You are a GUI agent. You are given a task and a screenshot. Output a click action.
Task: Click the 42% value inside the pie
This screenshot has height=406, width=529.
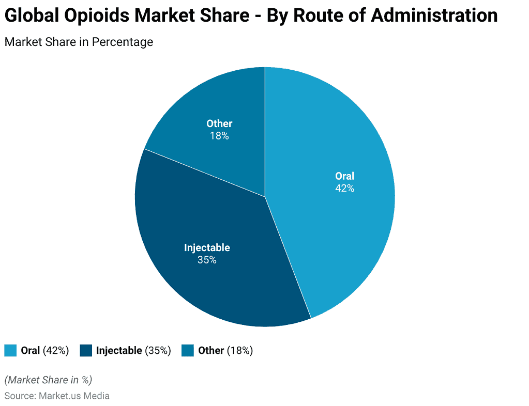coord(344,189)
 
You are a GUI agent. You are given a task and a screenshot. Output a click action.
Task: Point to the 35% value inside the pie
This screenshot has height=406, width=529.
coord(207,260)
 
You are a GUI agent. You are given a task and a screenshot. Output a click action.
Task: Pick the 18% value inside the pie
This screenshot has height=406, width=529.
coord(219,136)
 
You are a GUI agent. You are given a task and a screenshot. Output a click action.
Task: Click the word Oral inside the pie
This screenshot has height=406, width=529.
coord(344,176)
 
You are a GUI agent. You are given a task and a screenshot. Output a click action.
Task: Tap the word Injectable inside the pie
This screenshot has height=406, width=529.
coord(207,247)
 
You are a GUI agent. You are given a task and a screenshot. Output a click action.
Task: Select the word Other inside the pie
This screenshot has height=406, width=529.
coord(219,123)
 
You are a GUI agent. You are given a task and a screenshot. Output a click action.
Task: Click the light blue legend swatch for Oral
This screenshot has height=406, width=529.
coord(10,350)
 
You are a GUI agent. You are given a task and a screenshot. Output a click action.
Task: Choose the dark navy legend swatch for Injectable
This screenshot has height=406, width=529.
coord(86,350)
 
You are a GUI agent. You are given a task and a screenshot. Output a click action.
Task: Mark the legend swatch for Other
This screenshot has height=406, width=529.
coord(188,350)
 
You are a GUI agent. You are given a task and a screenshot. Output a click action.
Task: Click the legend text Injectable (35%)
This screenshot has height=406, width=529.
coord(133,350)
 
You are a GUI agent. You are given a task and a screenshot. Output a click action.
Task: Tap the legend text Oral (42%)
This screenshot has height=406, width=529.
coord(45,350)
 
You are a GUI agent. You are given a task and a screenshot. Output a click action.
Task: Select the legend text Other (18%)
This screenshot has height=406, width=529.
coord(225,350)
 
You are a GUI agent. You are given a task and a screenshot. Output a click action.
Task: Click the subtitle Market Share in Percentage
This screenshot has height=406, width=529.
coord(79,42)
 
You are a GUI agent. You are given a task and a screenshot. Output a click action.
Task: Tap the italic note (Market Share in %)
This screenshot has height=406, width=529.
coord(48,380)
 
